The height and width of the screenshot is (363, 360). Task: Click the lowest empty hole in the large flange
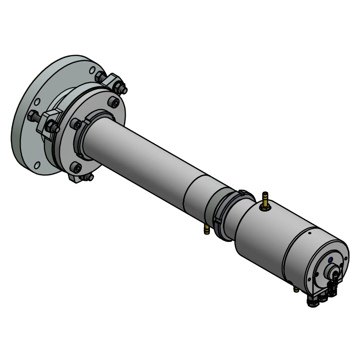click(x=36, y=165)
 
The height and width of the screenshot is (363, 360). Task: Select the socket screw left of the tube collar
click(x=75, y=123)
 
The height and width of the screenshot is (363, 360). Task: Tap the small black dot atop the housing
click(x=310, y=232)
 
